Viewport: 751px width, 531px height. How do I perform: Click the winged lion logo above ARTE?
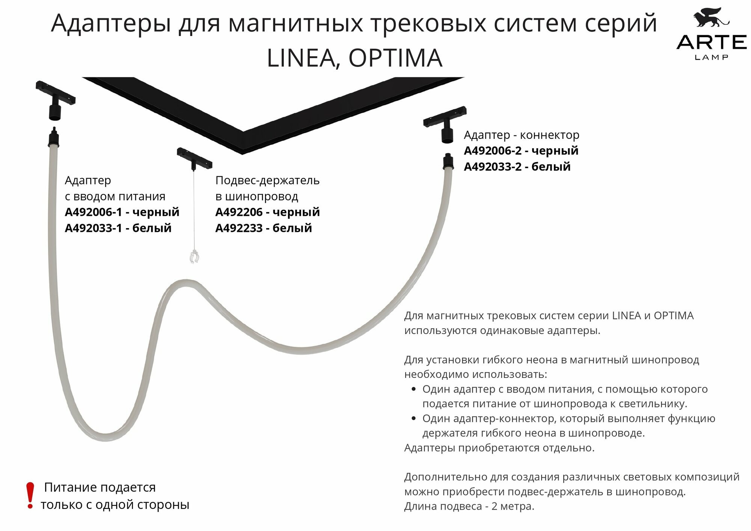[x=711, y=18]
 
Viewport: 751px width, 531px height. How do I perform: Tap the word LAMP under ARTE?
[x=712, y=57]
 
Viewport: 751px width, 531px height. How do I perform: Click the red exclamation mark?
[x=30, y=495]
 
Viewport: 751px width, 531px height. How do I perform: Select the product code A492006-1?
[x=93, y=212]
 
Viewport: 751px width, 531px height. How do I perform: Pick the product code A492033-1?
[x=93, y=228]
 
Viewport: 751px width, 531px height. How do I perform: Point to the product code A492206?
[x=239, y=212]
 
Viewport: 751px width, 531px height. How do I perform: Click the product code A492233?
[x=239, y=228]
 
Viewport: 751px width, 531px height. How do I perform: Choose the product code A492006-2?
[x=493, y=151]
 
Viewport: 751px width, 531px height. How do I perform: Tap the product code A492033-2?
[x=493, y=167]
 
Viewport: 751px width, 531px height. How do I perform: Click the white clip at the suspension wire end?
[x=194, y=257]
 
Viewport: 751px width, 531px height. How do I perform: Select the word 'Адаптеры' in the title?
[x=111, y=23]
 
